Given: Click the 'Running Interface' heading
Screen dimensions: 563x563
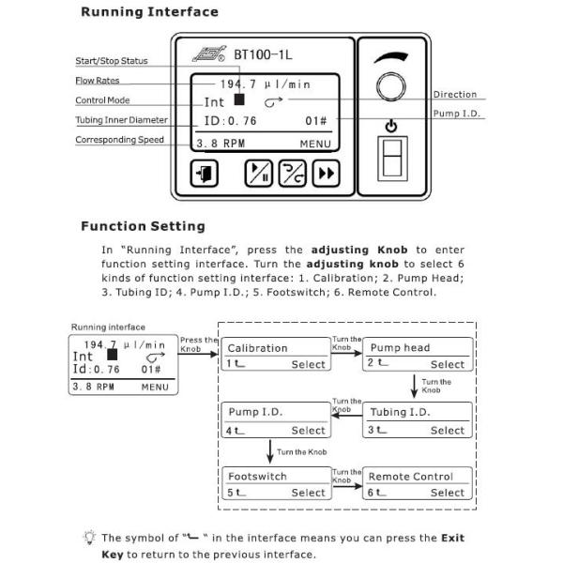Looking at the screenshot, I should [149, 12].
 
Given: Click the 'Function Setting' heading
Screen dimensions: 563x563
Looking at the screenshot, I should [143, 226].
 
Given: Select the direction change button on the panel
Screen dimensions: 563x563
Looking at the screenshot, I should [293, 174].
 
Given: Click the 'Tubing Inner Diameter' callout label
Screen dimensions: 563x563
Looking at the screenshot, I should [122, 120].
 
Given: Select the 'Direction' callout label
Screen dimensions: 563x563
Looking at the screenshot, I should [455, 95].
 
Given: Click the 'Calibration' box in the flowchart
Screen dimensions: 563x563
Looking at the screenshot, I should [276, 355].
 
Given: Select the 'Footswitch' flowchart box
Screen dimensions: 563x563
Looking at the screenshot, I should [276, 484].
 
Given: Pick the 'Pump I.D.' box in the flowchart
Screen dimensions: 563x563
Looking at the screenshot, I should [276, 420].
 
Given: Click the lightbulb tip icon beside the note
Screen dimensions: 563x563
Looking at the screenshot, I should [88, 538].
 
